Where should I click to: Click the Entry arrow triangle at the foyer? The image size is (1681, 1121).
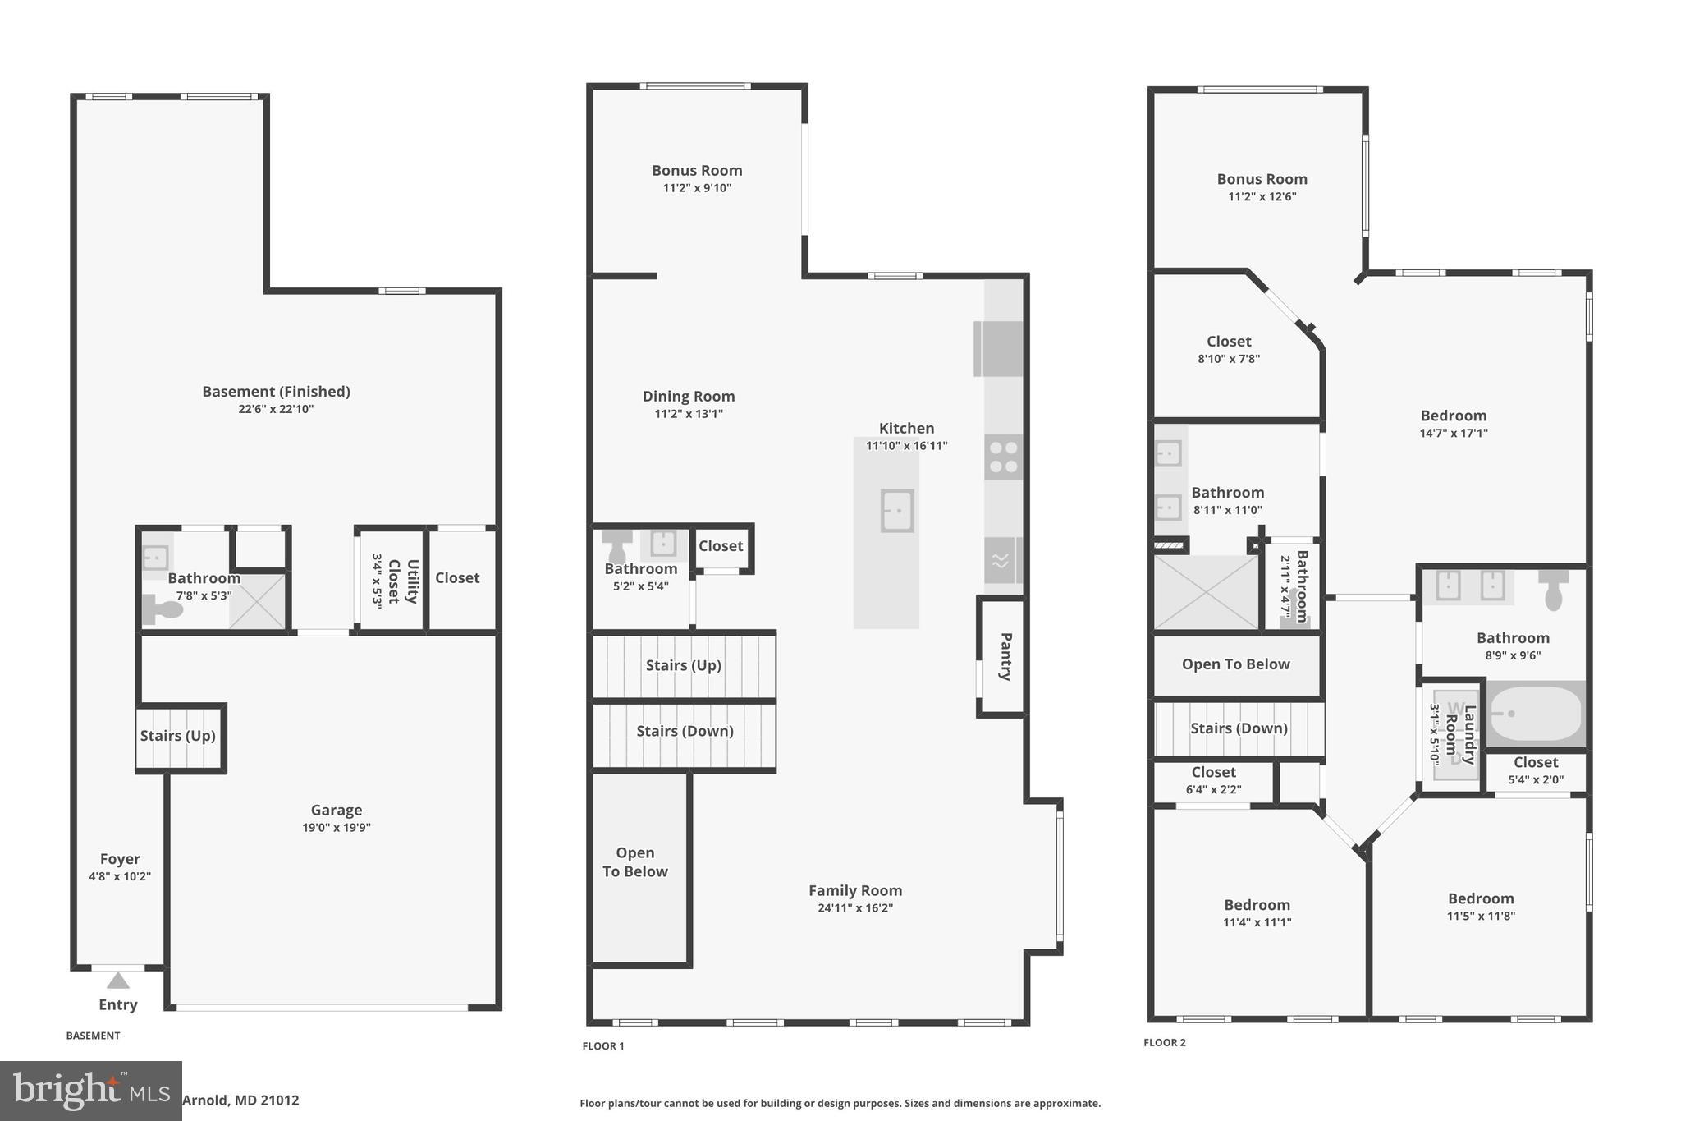[x=118, y=981]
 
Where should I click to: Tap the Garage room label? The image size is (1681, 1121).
[x=336, y=811]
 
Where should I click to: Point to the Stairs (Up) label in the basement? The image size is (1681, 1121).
[x=177, y=736]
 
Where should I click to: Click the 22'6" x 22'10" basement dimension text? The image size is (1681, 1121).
[x=276, y=409]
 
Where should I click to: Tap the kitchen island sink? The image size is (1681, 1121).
[x=897, y=511]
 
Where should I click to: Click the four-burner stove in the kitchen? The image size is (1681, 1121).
[x=1003, y=457]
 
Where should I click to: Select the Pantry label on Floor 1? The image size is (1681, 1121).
[x=1005, y=656]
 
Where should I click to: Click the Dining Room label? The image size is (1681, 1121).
[x=689, y=397]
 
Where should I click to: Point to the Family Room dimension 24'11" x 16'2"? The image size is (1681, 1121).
[x=855, y=908]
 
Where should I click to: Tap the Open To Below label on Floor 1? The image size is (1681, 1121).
[x=635, y=862]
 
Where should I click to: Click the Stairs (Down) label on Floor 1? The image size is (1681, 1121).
[x=685, y=731]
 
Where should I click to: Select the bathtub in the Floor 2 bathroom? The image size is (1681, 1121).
[x=1535, y=714]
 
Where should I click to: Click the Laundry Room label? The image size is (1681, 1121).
[x=1460, y=734]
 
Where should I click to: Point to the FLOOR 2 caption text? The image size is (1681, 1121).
[x=1165, y=1043]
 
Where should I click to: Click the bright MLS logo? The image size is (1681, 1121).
[x=91, y=1091]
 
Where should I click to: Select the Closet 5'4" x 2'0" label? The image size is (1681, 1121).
[x=1536, y=770]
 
